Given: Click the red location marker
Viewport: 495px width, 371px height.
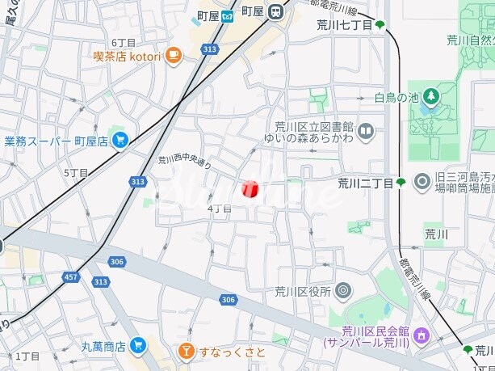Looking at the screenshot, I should (x=250, y=188).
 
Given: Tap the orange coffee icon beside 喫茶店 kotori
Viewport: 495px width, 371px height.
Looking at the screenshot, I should (x=174, y=55).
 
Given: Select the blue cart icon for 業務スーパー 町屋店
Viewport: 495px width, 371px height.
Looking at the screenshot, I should (x=120, y=141).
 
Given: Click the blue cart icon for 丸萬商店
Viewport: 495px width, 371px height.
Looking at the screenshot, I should (x=137, y=346).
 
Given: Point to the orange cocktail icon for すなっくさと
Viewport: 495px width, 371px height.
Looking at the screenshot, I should (x=187, y=352).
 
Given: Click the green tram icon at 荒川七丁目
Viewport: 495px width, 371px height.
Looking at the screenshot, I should (x=380, y=25).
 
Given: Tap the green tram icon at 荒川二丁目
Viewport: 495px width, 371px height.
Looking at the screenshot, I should (x=401, y=183).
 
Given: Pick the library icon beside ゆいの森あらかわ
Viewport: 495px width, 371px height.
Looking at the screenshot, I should (x=366, y=129).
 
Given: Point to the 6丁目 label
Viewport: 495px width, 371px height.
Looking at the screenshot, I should (x=124, y=42).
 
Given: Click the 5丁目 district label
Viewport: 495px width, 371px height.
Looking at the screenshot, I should (x=75, y=172).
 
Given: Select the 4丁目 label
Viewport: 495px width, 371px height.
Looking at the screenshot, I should (x=220, y=209).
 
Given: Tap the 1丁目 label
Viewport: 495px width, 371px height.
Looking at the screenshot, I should (x=27, y=356).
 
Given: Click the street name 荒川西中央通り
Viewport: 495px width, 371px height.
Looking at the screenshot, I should (x=185, y=162).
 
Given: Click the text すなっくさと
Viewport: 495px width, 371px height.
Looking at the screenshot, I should (x=233, y=352).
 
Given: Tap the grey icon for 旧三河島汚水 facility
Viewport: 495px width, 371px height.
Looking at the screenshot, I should (x=421, y=182).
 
